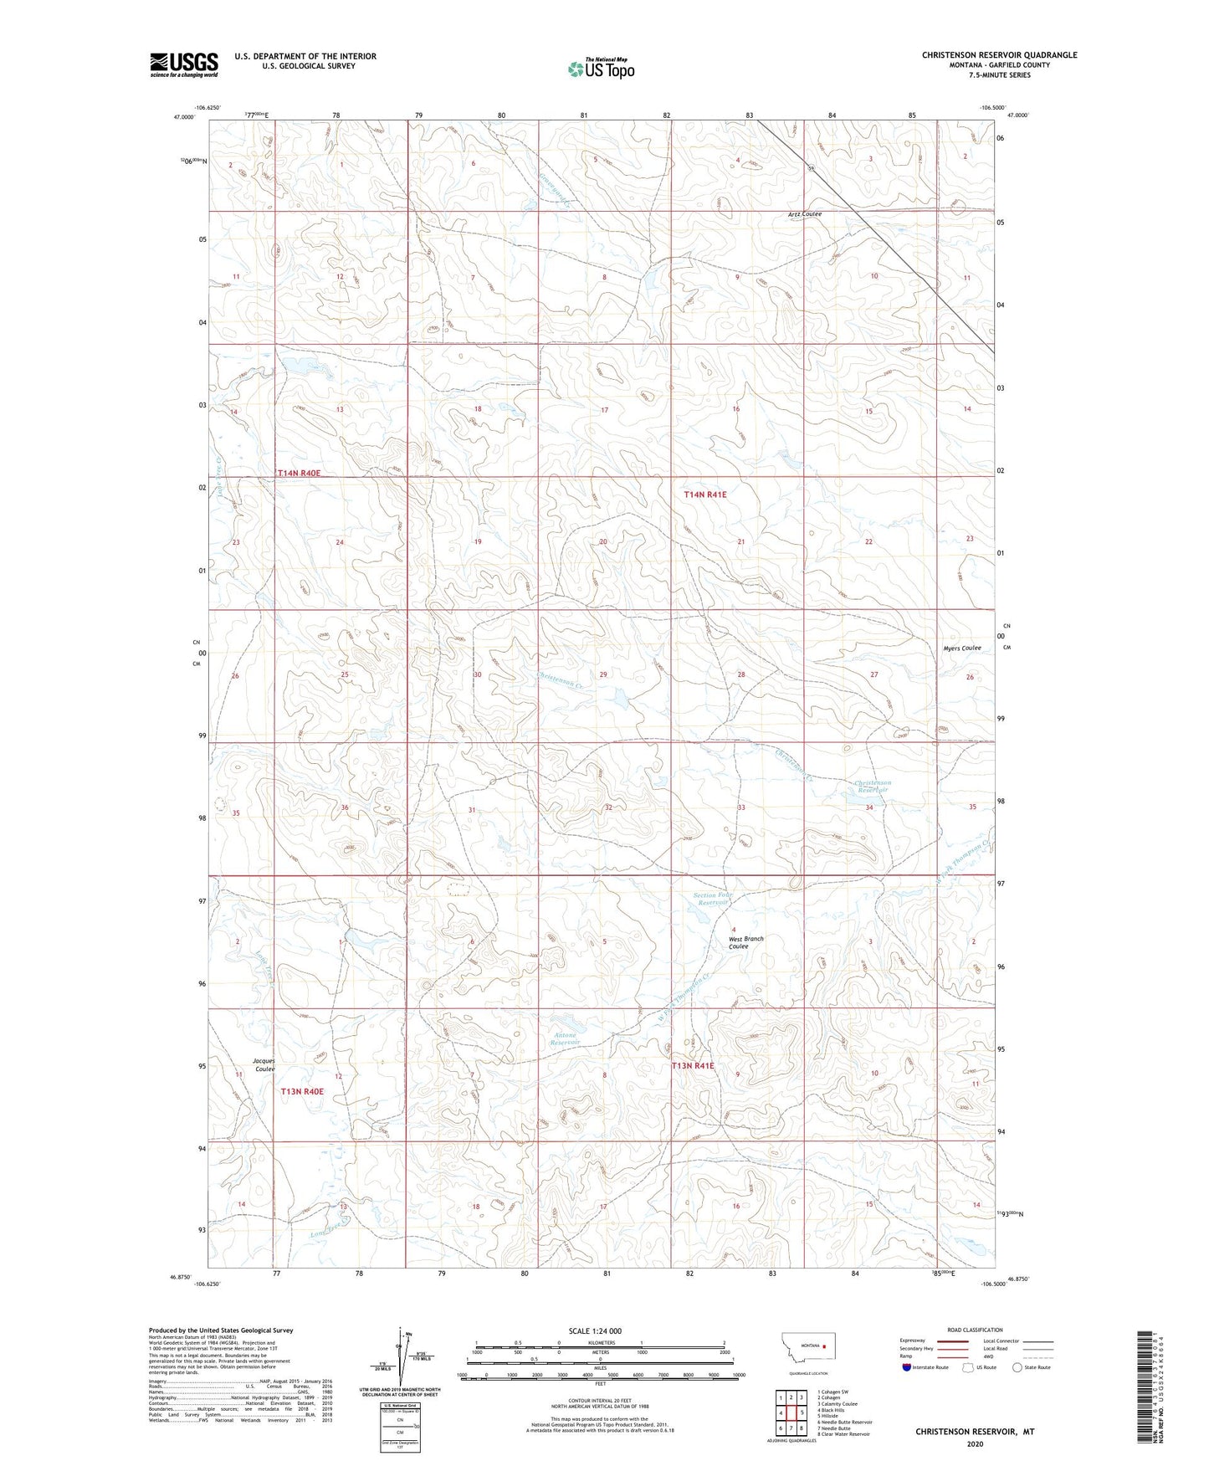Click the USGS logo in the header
click(x=183, y=64)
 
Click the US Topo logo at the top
click(x=600, y=69)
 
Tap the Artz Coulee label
click(x=805, y=214)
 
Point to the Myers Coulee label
click(x=961, y=648)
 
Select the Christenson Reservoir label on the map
click(x=873, y=787)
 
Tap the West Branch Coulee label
click(x=745, y=942)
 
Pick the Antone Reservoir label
click(x=566, y=1038)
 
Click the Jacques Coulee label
click(x=264, y=1065)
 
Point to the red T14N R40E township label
click(x=300, y=474)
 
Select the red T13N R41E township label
click(x=693, y=1066)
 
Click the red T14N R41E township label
click(x=705, y=495)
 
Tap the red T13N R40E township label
click(x=302, y=1091)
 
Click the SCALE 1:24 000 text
click(x=595, y=1330)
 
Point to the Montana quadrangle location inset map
click(x=807, y=1351)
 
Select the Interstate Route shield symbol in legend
click(x=905, y=1367)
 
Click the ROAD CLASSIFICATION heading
click(x=975, y=1330)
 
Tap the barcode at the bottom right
click(x=1147, y=1388)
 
